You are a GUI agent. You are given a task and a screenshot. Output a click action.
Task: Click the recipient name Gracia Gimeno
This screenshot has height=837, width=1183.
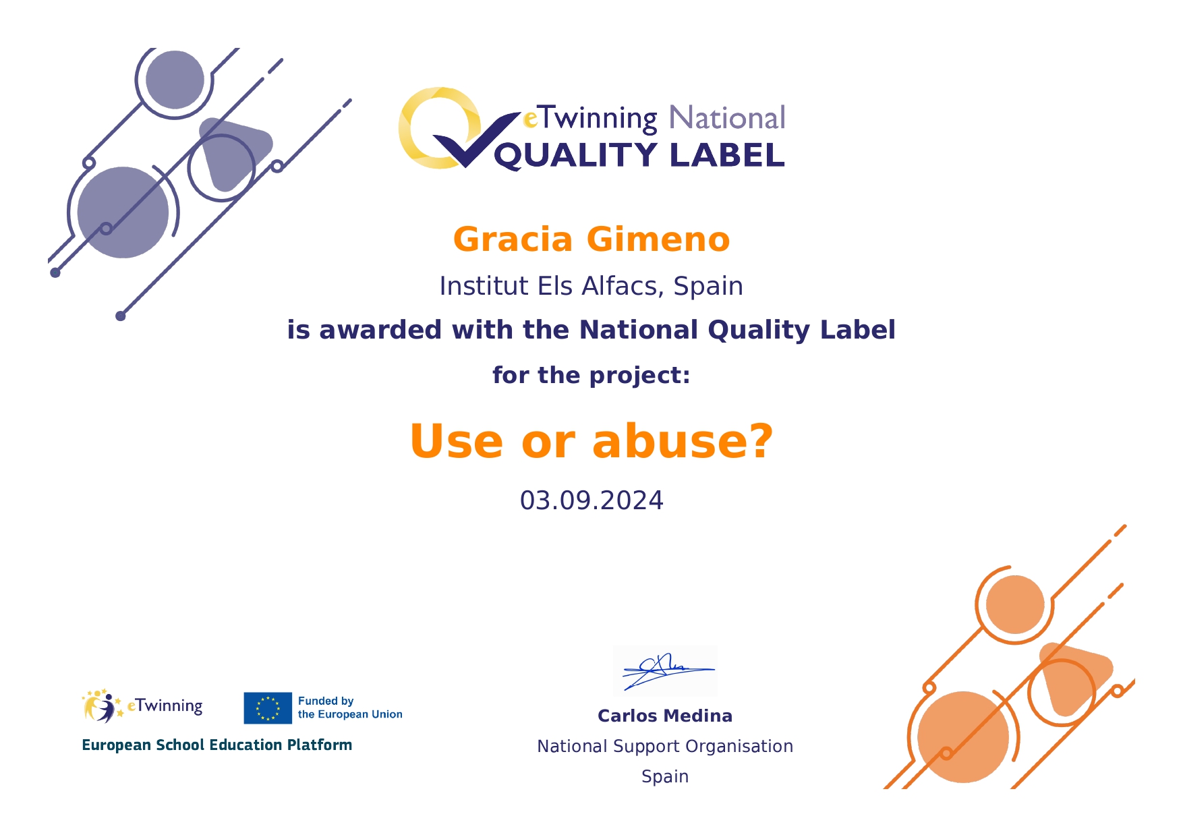(x=591, y=239)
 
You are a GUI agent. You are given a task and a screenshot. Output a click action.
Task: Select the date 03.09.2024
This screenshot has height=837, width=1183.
(x=591, y=500)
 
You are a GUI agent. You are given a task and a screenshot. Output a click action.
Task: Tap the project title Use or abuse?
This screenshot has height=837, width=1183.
(x=591, y=441)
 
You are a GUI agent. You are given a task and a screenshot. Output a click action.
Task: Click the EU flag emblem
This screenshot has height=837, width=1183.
(x=268, y=708)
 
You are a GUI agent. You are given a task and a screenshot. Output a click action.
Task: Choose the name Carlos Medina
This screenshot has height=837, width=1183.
(x=665, y=716)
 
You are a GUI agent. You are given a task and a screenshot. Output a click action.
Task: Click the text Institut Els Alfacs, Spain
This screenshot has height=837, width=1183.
(x=591, y=287)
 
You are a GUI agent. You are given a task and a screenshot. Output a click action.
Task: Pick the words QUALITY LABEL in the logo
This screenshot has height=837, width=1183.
(x=639, y=156)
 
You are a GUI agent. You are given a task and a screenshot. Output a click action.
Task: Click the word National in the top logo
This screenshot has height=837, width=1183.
(x=727, y=118)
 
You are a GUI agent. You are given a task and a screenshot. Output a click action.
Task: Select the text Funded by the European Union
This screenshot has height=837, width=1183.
(x=350, y=708)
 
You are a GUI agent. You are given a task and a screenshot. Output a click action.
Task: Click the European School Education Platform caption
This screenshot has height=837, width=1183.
(x=217, y=745)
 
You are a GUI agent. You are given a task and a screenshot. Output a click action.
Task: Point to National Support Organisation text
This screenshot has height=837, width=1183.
(x=665, y=747)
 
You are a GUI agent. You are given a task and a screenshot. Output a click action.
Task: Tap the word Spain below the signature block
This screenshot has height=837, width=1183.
(x=665, y=777)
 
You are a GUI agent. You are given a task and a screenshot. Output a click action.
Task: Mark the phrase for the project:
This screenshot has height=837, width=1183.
(x=591, y=375)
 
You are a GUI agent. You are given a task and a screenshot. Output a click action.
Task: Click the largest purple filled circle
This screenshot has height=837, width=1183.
(x=123, y=212)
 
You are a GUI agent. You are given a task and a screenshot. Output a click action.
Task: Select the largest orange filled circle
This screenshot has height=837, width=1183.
(x=963, y=737)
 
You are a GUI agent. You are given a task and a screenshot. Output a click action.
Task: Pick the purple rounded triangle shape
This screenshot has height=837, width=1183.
(x=233, y=152)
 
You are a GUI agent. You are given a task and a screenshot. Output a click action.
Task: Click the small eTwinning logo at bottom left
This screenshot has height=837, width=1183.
(x=142, y=706)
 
